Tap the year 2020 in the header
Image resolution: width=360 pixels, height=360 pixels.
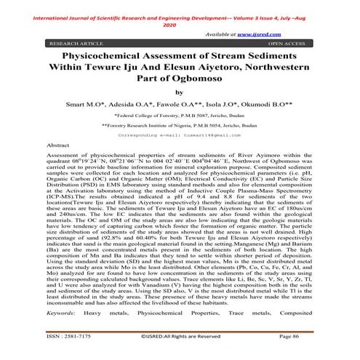(x=180, y=24)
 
